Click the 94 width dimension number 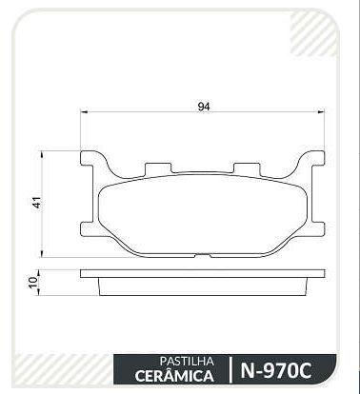(203, 106)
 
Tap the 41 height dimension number (37, 202)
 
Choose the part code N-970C (278, 368)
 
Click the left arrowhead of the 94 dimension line (86, 114)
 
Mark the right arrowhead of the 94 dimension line (321, 114)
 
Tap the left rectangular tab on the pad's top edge (155, 170)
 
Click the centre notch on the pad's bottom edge (204, 254)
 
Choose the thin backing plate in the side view (203, 272)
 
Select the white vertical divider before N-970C (230, 368)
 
